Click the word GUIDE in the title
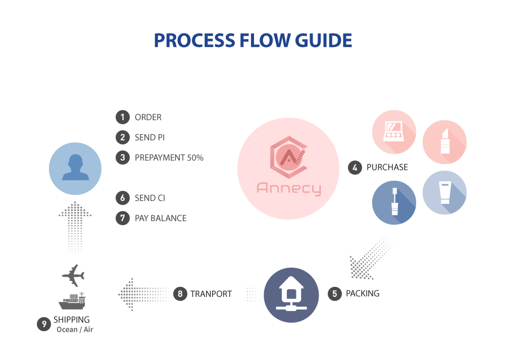323,40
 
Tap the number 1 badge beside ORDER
122,117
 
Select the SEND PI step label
150,137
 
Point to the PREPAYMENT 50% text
169,158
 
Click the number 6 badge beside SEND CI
122,198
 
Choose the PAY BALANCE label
161,218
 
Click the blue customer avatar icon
75,169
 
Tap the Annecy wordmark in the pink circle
288,188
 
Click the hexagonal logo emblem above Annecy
288,157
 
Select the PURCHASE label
387,168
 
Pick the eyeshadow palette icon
394,132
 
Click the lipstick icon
444,142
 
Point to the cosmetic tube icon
444,192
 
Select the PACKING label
363,294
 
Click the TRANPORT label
211,294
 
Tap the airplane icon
73,276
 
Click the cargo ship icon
72,301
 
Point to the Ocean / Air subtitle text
75,329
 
